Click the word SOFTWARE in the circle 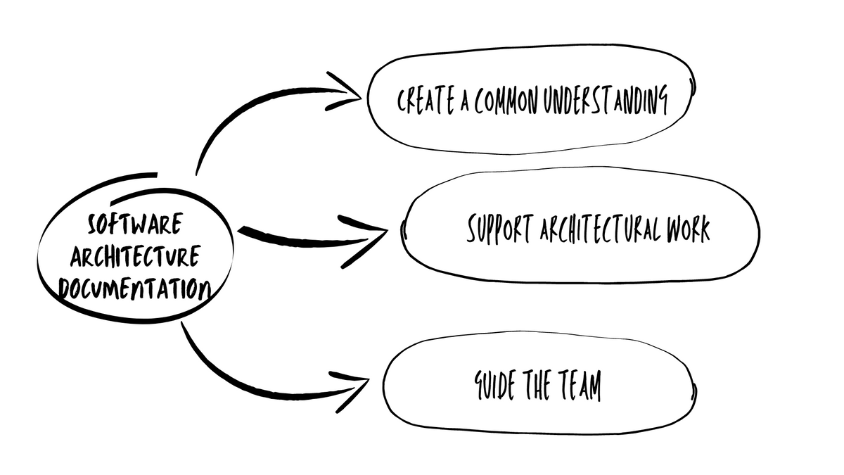click(x=135, y=226)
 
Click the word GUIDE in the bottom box click(x=495, y=386)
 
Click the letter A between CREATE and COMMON click(x=465, y=103)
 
